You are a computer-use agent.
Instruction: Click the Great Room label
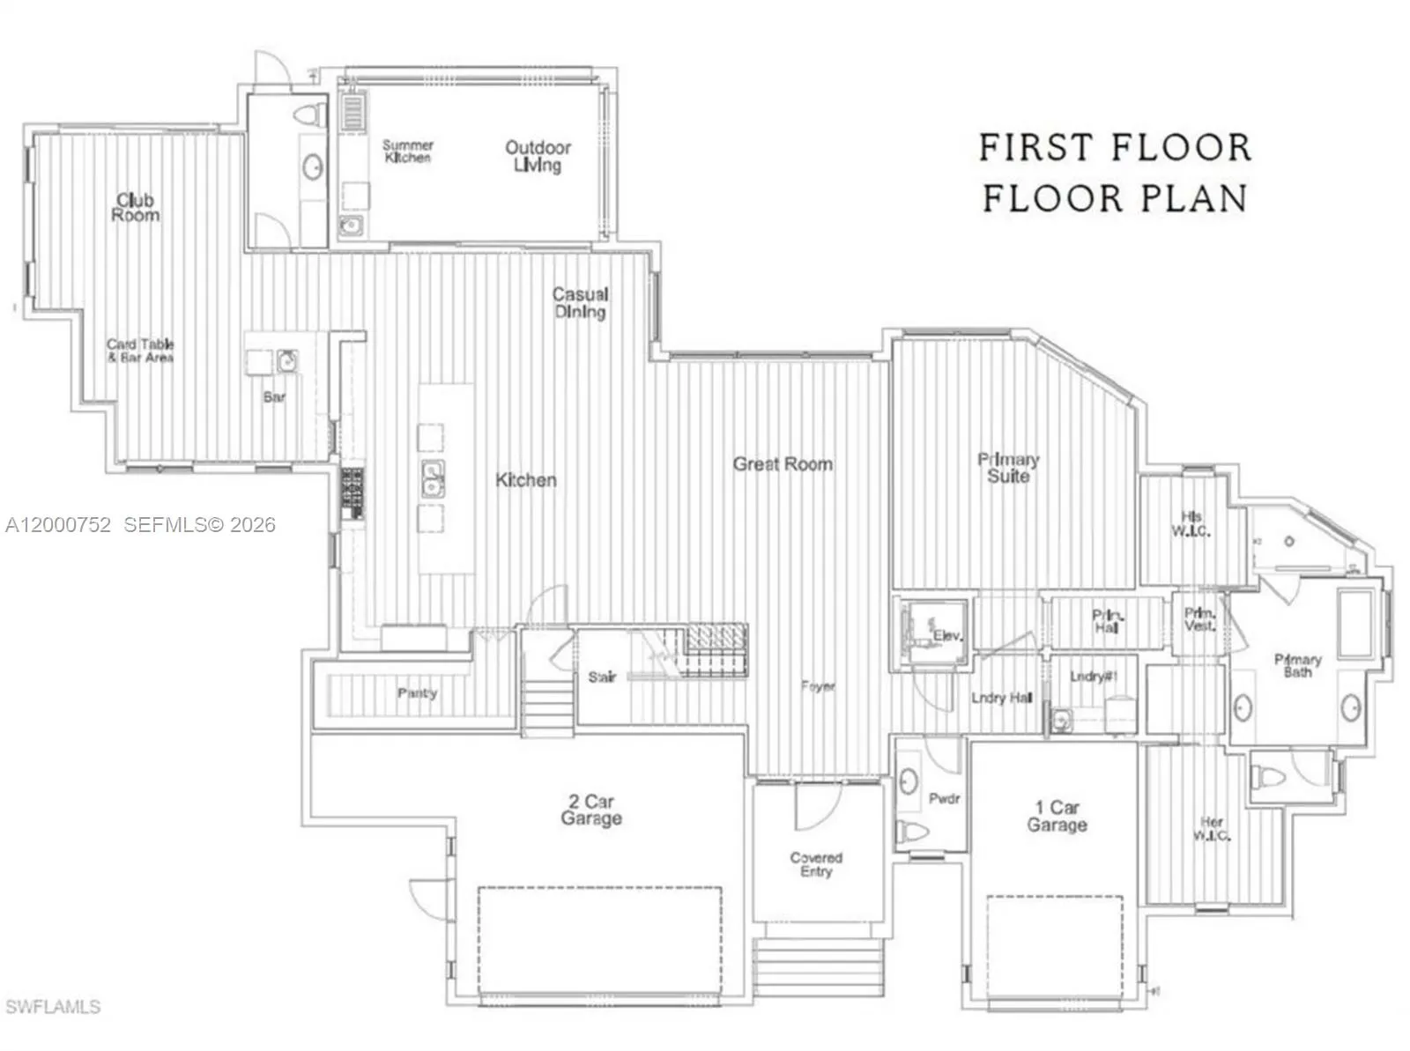[783, 463]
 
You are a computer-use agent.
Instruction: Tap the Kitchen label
[526, 480]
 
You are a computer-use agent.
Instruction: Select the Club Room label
[136, 208]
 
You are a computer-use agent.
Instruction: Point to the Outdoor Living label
[538, 156]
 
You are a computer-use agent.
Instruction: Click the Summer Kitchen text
[408, 151]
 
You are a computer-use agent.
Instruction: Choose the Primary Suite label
[1008, 468]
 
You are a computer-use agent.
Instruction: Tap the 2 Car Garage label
[591, 810]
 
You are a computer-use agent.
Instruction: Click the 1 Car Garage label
[1057, 817]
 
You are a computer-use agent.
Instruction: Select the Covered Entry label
[816, 864]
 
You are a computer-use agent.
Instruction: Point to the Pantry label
[417, 693]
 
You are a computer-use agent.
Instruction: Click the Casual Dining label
[580, 303]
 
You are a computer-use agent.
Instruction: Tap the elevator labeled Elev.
[947, 634]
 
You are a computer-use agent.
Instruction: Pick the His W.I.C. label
[1191, 524]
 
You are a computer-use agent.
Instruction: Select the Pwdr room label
[944, 799]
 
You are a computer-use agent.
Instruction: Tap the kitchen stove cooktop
[352, 494]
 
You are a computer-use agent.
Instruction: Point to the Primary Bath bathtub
[1354, 625]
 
